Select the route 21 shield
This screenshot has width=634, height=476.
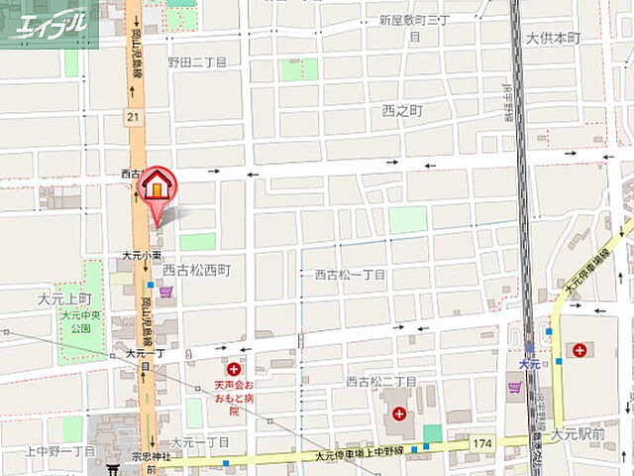132,117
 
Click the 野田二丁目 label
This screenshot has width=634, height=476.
197,61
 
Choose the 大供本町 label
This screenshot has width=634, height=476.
552,38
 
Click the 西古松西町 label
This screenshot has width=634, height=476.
196,270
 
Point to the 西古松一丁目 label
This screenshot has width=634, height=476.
351,274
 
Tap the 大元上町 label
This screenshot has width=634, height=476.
65,297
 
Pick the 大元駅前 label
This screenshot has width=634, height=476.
578,433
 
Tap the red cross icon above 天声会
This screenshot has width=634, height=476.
234,369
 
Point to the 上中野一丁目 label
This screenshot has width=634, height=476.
60,450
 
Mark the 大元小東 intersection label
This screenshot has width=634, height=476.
142,255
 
